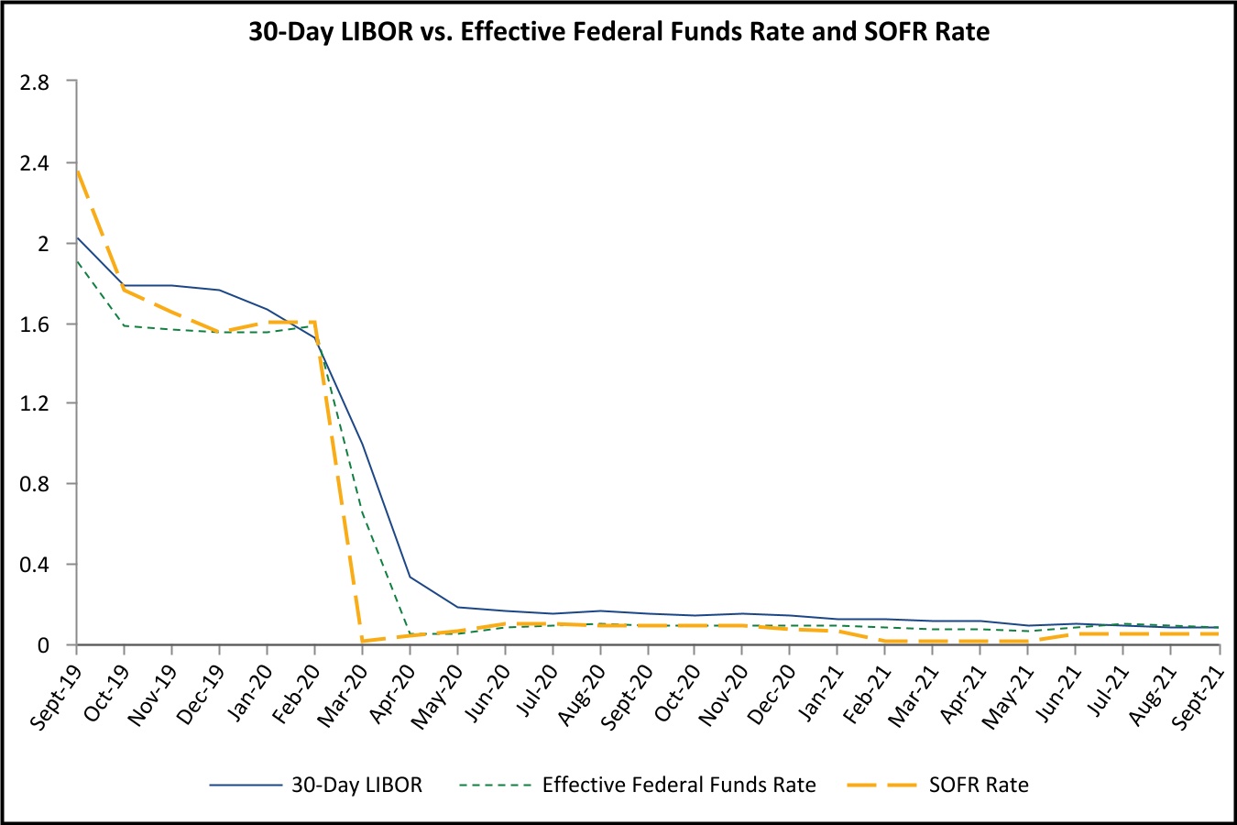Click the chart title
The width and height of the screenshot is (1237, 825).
(618, 32)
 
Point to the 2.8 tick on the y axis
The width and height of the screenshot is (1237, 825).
(37, 82)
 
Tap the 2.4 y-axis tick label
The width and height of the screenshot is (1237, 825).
(37, 163)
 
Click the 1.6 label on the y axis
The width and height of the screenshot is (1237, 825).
(37, 324)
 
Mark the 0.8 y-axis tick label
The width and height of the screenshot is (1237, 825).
(37, 484)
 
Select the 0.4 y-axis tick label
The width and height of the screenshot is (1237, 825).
(37, 565)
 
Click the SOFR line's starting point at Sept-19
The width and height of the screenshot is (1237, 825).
(77, 170)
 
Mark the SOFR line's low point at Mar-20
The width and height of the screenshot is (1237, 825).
(363, 641)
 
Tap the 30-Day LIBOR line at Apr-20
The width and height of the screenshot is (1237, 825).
(410, 577)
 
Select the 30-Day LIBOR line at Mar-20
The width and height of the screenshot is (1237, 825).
(363, 445)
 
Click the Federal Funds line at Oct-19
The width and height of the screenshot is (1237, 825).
(124, 325)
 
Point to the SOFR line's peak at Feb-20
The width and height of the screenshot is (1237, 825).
(314, 322)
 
